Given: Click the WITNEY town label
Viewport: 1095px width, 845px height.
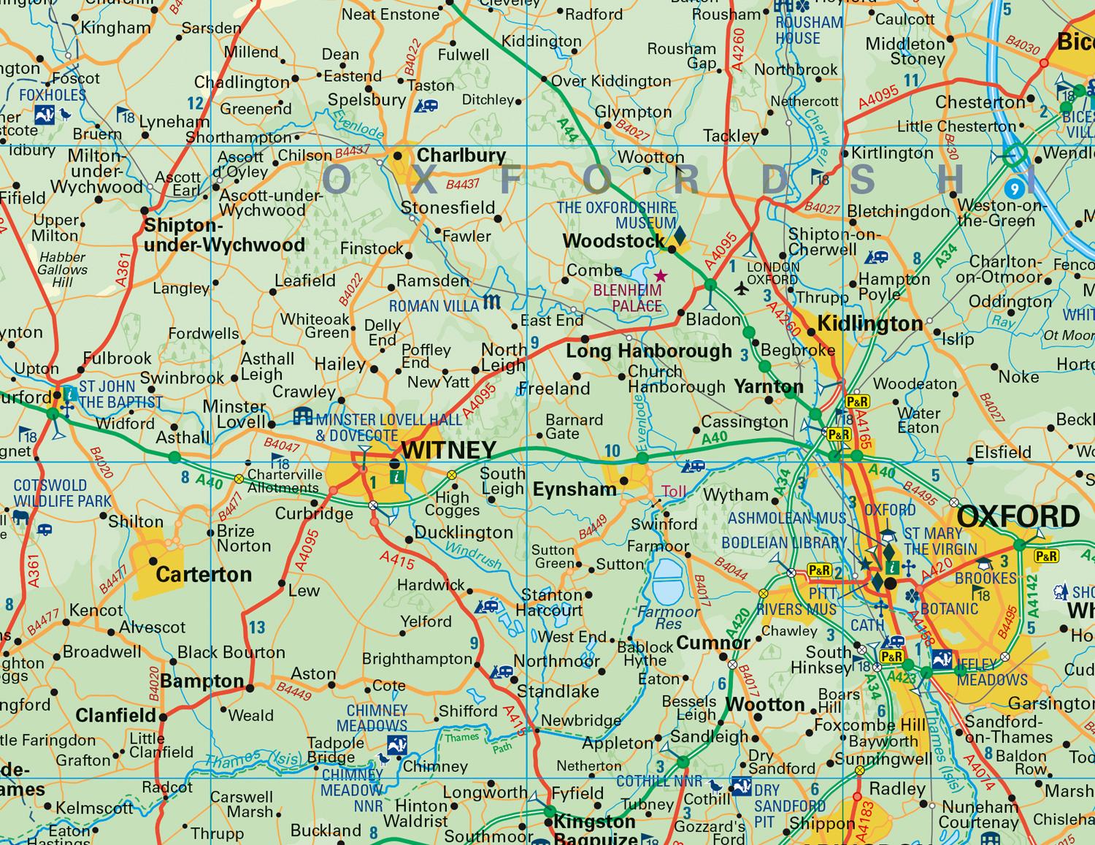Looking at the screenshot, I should click(x=449, y=450).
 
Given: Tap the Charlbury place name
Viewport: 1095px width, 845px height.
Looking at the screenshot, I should click(x=461, y=156).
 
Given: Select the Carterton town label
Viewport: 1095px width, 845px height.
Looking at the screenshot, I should click(x=204, y=575).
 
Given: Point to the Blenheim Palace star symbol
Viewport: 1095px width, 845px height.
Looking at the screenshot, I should click(x=661, y=276).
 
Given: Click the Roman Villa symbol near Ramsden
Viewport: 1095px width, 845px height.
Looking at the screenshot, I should click(x=492, y=302).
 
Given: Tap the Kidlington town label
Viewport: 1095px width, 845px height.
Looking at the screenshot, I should click(x=870, y=324).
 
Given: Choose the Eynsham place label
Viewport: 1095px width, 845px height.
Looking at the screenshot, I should click(x=575, y=489).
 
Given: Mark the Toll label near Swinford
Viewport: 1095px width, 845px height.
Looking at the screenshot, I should click(x=674, y=492).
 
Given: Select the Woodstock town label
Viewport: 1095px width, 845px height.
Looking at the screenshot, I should click(x=613, y=240).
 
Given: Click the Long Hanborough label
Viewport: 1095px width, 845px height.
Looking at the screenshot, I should click(x=649, y=351).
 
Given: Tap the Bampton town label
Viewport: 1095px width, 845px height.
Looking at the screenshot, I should click(x=202, y=681).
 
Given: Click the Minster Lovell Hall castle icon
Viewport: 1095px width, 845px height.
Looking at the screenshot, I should click(x=302, y=417).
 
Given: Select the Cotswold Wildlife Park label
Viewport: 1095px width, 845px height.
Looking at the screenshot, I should click(x=62, y=493).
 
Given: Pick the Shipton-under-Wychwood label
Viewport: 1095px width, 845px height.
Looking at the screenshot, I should click(x=223, y=235).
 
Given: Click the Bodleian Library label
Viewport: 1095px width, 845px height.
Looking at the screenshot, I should click(x=783, y=543).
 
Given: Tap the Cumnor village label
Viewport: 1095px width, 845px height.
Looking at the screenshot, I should click(x=713, y=643).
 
